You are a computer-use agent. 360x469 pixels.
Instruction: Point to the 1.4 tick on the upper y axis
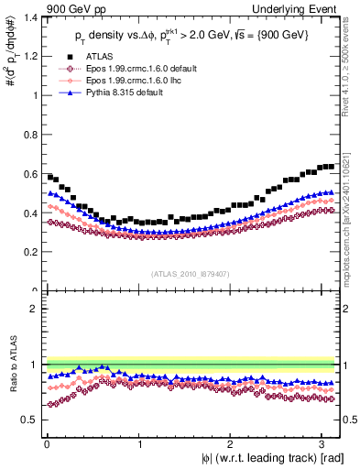coord(30,17)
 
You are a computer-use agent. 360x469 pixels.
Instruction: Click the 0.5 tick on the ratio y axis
coord(30,420)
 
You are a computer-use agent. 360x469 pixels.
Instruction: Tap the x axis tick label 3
coord(323,442)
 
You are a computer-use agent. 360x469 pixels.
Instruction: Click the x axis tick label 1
coord(139,442)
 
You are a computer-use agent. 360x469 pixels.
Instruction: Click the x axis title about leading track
coord(272,457)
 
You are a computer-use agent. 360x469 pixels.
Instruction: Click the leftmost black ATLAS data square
coord(49,177)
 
